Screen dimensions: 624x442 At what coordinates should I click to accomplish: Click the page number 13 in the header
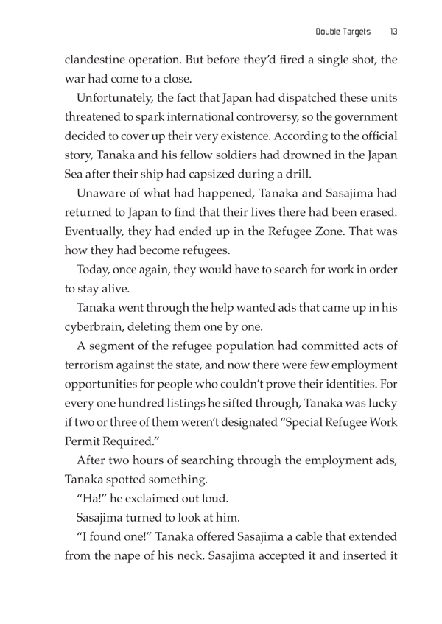394,32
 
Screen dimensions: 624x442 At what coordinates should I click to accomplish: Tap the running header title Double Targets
343,32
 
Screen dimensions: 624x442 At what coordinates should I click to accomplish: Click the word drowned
291,161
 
